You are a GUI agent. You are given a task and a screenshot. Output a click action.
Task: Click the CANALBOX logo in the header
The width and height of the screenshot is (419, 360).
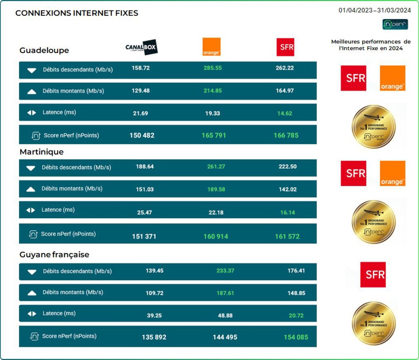pos(141,47)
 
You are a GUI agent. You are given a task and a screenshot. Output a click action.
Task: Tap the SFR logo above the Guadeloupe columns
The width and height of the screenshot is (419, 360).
pos(285,47)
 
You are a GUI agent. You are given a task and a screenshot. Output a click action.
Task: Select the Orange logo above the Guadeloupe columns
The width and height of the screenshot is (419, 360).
pos(211,47)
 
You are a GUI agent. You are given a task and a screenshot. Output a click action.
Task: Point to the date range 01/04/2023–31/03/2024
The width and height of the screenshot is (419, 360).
pos(375,11)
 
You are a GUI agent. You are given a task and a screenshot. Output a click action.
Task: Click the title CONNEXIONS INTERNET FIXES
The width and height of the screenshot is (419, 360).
pos(77,13)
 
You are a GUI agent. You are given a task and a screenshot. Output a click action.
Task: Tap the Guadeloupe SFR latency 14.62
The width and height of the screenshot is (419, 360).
pos(284,113)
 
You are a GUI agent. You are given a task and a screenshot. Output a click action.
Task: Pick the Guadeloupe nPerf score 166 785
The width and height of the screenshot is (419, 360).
pos(286,136)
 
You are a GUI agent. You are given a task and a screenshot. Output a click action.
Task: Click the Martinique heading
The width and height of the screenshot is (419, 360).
pos(42,152)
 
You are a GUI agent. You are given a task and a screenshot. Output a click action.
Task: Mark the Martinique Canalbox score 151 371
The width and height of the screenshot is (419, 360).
pos(144,236)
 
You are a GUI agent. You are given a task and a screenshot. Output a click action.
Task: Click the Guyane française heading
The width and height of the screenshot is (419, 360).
pos(54,255)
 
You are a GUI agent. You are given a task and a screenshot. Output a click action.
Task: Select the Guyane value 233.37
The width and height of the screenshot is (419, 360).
pos(225,271)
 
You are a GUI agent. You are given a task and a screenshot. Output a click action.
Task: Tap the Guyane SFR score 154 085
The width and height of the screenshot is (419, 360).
pos(296,337)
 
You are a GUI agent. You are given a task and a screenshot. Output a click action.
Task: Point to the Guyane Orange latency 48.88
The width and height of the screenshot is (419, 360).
pos(223,316)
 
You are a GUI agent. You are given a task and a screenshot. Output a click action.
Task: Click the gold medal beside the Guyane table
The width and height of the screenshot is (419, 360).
pos(374,323)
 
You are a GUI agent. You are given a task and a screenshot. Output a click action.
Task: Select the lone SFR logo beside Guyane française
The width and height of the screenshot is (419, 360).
pos(373,275)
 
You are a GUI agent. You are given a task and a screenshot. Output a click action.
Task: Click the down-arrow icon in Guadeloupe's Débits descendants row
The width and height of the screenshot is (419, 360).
pos(31,70)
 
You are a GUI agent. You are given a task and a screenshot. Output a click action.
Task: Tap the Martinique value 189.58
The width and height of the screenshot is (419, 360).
pos(216,189)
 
